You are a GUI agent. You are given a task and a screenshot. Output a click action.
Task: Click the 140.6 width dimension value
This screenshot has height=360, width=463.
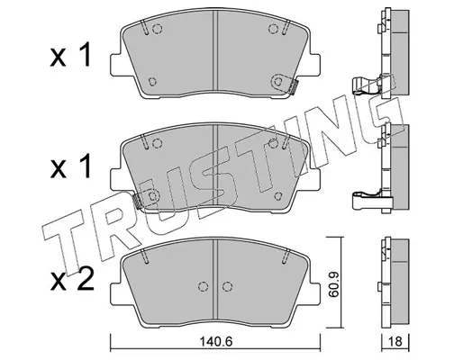coord(216,341)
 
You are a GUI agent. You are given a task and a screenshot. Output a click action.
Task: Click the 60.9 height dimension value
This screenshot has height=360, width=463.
coord(333,283)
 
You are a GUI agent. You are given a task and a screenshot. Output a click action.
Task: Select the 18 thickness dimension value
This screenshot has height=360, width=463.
coord(395,341)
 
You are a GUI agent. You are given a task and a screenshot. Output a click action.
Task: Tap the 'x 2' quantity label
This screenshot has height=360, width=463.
coord(72,278)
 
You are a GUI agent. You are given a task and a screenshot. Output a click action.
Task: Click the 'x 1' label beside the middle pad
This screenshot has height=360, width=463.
coord(70,166)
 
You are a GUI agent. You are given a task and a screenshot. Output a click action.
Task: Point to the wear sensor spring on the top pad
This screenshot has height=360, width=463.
coord(295,87)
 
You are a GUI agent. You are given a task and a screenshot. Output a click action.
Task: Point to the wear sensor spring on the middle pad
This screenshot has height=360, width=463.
coord(137,200)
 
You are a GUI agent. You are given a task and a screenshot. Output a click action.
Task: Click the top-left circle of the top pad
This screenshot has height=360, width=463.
coord(157,29)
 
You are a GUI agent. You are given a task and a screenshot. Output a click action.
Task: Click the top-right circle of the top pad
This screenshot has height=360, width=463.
coord(273,29)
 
